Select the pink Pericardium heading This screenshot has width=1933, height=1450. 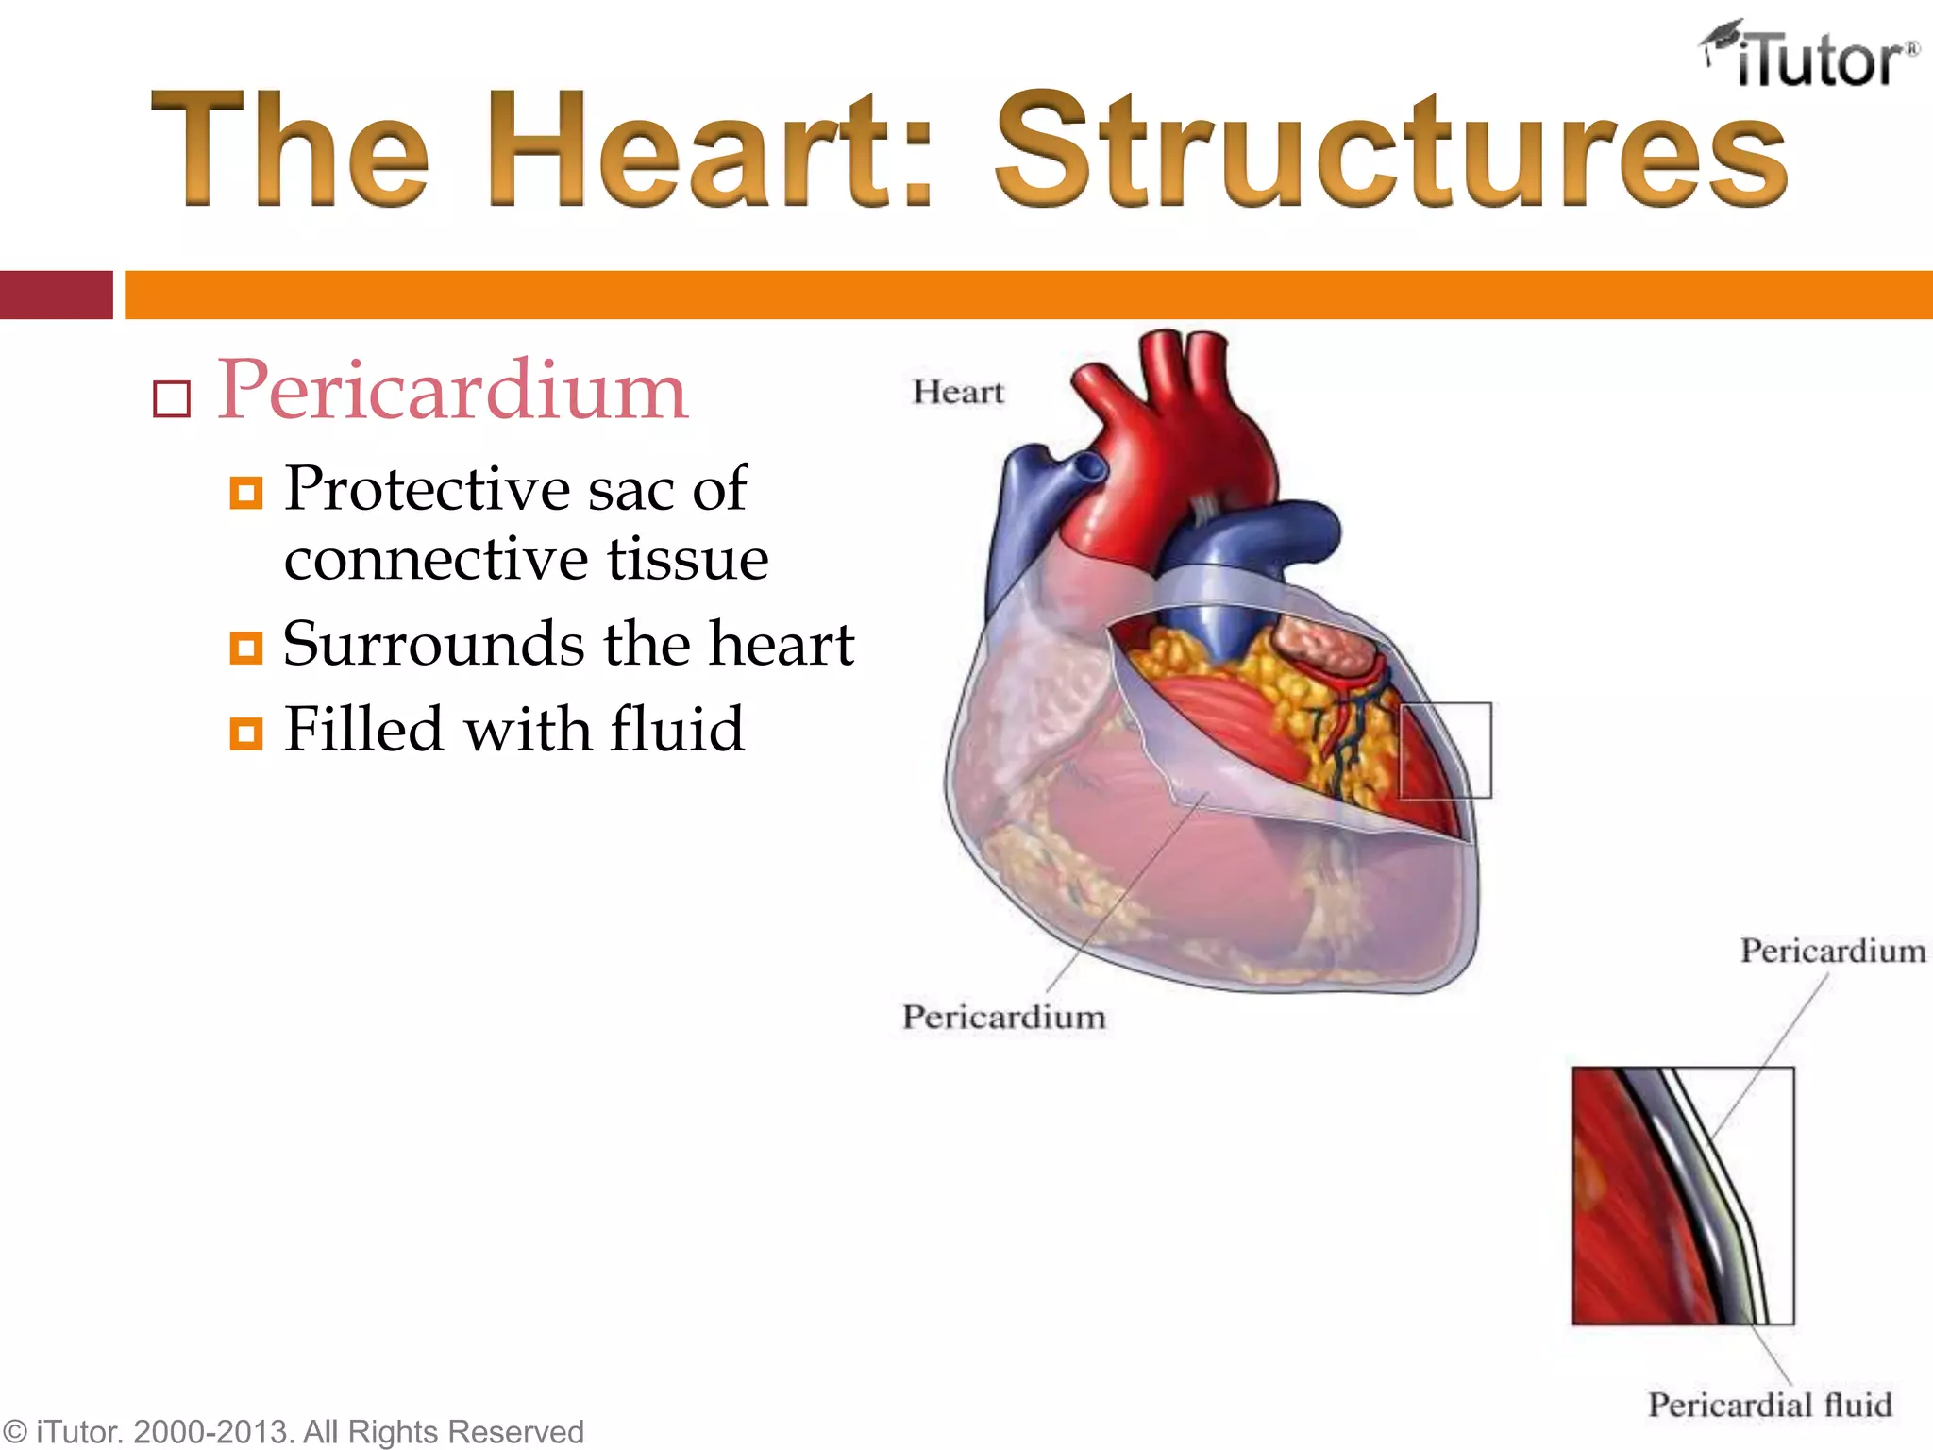(453, 391)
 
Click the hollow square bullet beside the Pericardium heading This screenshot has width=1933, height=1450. (172, 399)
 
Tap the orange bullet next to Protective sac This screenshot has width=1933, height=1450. (246, 492)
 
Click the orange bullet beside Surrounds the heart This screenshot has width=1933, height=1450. (246, 648)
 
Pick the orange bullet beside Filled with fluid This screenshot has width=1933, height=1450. (246, 733)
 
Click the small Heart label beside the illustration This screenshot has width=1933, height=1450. (958, 392)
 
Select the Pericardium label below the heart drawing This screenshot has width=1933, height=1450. (1003, 1017)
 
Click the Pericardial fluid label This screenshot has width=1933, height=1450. (1770, 1405)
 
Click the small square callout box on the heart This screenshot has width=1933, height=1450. (1445, 750)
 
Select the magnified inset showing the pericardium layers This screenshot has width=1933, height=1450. (1683, 1196)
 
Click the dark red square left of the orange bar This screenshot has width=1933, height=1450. (56, 295)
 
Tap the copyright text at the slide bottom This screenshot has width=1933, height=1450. (293, 1431)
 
